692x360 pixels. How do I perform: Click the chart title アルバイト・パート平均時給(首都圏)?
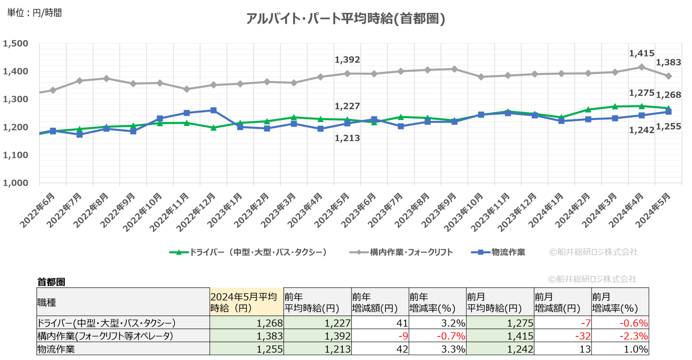click(345, 19)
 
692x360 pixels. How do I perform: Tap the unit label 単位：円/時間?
click(34, 13)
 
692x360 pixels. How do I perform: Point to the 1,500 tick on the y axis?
click(16, 44)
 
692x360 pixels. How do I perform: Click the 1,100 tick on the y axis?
click(16, 155)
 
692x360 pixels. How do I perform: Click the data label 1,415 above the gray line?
click(641, 54)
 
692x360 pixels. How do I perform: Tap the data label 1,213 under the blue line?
click(347, 138)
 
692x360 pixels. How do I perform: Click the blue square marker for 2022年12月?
click(213, 110)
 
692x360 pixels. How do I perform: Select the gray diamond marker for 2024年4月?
click(641, 67)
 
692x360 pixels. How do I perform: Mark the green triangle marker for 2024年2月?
click(588, 110)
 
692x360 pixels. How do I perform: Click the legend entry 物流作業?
click(508, 252)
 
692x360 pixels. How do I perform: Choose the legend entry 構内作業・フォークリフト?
click(411, 252)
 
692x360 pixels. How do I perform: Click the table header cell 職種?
click(47, 303)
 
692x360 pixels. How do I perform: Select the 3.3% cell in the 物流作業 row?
click(453, 349)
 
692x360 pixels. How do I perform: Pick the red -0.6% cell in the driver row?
click(633, 323)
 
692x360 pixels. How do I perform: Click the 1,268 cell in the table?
click(270, 323)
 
